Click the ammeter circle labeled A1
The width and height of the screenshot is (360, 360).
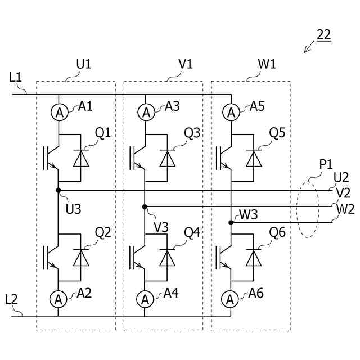(58, 112)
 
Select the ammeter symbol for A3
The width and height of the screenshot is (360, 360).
(145, 112)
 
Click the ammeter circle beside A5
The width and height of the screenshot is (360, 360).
(231, 112)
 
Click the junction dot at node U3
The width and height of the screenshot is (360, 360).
(58, 190)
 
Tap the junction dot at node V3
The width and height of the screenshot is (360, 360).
(145, 206)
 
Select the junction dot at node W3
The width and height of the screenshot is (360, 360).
(231, 223)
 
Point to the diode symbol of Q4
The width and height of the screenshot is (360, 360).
(167, 257)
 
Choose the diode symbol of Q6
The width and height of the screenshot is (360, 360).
(254, 257)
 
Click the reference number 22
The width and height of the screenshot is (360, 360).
(324, 34)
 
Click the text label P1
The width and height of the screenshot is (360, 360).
(326, 165)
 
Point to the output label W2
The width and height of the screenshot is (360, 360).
(344, 209)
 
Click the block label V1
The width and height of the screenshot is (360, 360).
(185, 64)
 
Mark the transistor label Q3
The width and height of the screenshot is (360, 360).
(192, 133)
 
